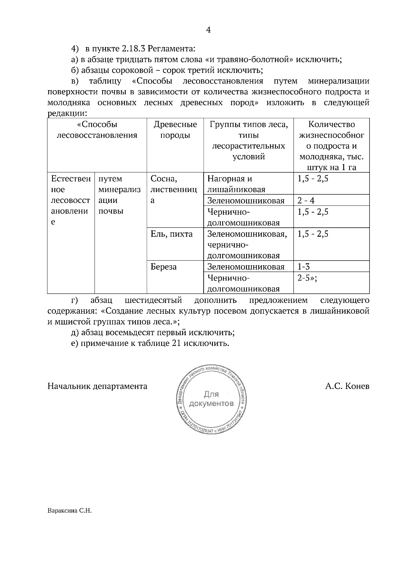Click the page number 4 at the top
pyautogui.click(x=208, y=30)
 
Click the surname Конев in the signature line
pyautogui.click(x=357, y=386)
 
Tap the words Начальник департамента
pyautogui.click(x=97, y=386)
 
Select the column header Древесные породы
pyautogui.click(x=175, y=130)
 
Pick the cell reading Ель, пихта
pyautogui.click(x=171, y=234)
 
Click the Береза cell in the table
pyautogui.click(x=164, y=267)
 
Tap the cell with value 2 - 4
pyautogui.click(x=306, y=201)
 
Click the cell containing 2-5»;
pyautogui.click(x=307, y=278)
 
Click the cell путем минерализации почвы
pyautogui.click(x=119, y=195)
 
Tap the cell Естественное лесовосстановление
pyautogui.click(x=70, y=200)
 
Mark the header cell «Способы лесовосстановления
pyautogui.click(x=97, y=130)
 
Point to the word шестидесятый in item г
pyautogui.click(x=154, y=300)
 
